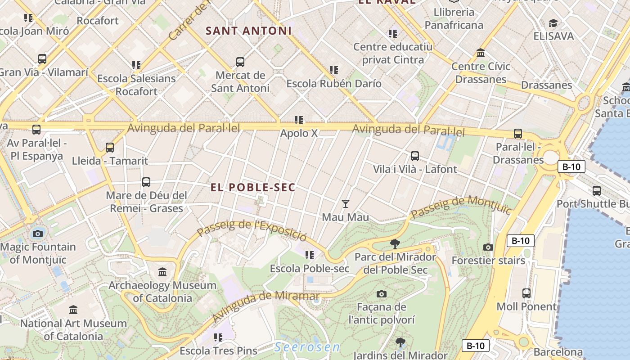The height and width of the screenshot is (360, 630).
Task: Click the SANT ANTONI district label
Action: (248, 31)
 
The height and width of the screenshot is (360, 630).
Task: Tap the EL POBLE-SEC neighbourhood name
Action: (253, 187)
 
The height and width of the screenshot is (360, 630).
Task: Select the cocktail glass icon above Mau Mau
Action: (345, 204)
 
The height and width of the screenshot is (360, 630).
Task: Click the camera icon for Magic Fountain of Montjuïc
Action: (38, 234)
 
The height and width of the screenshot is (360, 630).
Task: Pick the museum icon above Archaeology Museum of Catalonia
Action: (162, 272)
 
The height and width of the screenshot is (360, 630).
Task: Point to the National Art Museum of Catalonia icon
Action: (73, 310)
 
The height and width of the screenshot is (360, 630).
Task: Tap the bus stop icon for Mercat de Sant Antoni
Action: (240, 62)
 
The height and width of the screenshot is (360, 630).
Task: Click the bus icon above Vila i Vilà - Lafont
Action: (414, 156)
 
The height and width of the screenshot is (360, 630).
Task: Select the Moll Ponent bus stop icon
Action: (526, 293)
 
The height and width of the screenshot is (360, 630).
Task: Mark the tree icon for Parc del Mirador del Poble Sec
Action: (395, 244)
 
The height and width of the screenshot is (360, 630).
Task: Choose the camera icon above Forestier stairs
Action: (488, 247)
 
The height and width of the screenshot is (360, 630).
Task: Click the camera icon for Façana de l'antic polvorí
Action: (382, 294)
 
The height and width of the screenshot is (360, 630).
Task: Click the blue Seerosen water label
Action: (308, 347)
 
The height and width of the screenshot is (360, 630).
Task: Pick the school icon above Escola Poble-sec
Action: (309, 255)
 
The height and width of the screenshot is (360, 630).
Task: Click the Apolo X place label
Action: (299, 133)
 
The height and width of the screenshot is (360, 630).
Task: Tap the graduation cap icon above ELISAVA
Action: (553, 22)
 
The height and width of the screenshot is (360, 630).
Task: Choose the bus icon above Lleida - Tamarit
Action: (109, 147)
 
